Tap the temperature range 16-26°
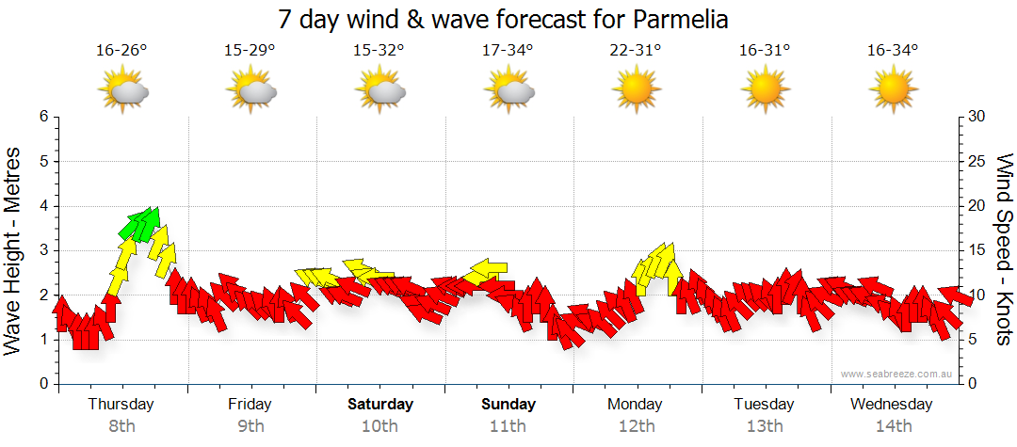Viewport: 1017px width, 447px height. point(121,51)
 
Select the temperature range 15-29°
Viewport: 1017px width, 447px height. point(250,51)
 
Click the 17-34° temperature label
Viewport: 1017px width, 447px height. point(508,51)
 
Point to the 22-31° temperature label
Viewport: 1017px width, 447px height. point(636,51)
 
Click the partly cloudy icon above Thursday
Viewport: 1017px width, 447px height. point(123,90)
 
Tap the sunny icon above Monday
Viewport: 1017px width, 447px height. point(636,90)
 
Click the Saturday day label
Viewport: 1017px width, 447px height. point(379,405)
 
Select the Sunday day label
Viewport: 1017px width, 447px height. point(508,405)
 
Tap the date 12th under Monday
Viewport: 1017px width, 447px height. point(637,425)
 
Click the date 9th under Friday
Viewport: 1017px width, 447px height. point(250,425)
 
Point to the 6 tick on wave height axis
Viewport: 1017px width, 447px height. point(42,117)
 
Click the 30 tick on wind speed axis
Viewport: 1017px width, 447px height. point(978,117)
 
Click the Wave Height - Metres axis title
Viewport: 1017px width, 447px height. point(14,250)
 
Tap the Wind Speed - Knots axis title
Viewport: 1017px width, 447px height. point(1005,250)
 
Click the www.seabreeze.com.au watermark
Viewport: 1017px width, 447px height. point(898,374)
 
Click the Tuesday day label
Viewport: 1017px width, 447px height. point(764,405)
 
